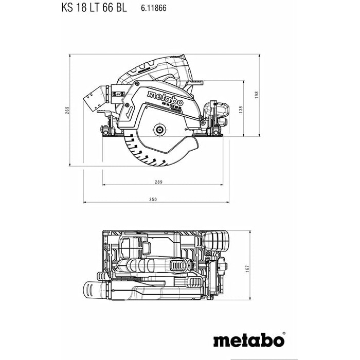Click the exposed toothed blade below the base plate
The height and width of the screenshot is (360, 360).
click(x=141, y=154)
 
